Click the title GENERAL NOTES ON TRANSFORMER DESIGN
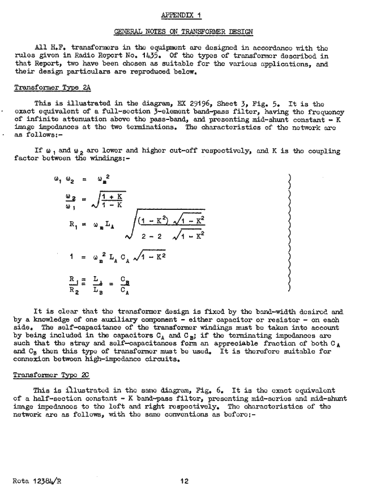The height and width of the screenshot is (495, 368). pos(183,29)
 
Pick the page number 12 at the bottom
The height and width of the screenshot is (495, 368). pos(184,481)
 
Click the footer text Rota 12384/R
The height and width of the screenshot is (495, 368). pos(37,481)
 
